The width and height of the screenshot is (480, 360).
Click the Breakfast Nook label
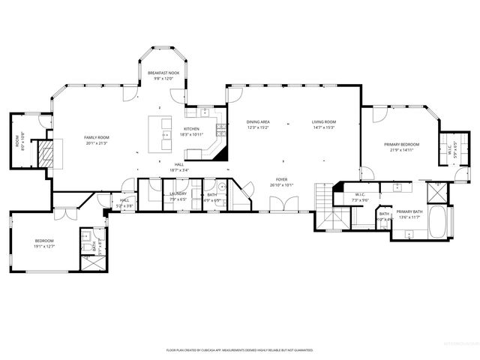(x=163, y=73)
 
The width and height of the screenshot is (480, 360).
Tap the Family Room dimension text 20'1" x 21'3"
(x=96, y=143)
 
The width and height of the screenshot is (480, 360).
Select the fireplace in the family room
(x=47, y=154)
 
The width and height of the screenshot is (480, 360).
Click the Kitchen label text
(x=192, y=129)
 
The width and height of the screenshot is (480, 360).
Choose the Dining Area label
(x=258, y=122)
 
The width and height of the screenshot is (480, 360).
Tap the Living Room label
(x=324, y=122)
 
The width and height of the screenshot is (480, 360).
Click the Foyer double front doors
(x=283, y=204)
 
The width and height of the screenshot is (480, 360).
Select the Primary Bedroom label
(x=402, y=144)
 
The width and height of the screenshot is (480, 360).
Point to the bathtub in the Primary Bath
(x=439, y=221)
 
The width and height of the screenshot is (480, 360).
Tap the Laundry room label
(x=178, y=193)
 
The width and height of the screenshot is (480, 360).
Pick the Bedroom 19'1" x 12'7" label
(x=44, y=241)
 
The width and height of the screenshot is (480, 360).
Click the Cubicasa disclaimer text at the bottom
(x=239, y=350)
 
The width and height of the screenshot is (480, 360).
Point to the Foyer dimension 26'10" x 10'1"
(x=282, y=184)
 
